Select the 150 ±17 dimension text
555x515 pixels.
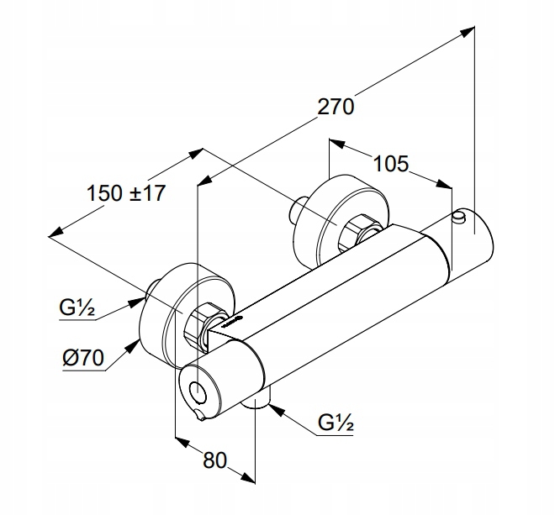[x=126, y=192]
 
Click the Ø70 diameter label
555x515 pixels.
[x=82, y=359]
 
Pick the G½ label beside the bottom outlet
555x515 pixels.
[x=335, y=424]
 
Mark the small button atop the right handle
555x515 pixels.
[x=458, y=219]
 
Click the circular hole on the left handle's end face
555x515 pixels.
[x=199, y=390]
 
